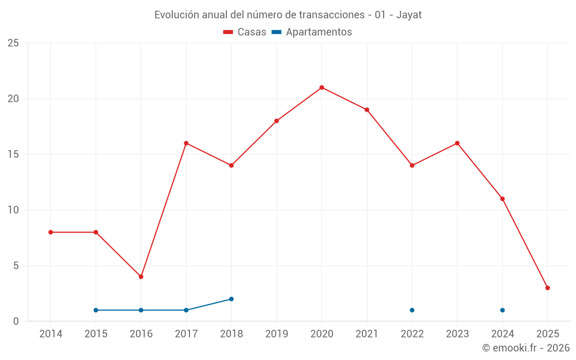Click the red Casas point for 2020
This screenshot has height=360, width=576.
pyautogui.click(x=321, y=88)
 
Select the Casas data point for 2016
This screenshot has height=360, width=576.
pyautogui.click(x=141, y=276)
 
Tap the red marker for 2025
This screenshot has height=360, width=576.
pyautogui.click(x=547, y=288)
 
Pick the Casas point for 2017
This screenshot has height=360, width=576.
pyautogui.click(x=186, y=143)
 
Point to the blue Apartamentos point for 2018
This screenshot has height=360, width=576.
pyautogui.click(x=231, y=299)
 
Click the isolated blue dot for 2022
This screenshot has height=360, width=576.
pyautogui.click(x=412, y=310)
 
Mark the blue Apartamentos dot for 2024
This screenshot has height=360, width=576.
pyautogui.click(x=502, y=310)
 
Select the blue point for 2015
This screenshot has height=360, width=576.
pyautogui.click(x=96, y=310)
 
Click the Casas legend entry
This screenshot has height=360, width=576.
pyautogui.click(x=245, y=32)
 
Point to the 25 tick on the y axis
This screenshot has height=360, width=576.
pyautogui.click(x=13, y=43)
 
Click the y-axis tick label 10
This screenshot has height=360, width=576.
pyautogui.click(x=13, y=210)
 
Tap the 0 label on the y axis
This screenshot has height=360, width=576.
pyautogui.click(x=16, y=321)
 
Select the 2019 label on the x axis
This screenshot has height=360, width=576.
pyautogui.click(x=276, y=334)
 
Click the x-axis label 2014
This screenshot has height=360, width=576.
pyautogui.click(x=51, y=334)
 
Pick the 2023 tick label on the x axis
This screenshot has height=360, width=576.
pyautogui.click(x=457, y=334)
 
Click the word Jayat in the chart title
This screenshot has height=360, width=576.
pyautogui.click(x=409, y=15)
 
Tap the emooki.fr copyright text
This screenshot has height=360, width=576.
pyautogui.click(x=525, y=348)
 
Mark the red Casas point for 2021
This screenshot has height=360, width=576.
pyautogui.click(x=367, y=109)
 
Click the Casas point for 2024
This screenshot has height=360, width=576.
pyautogui.click(x=502, y=199)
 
